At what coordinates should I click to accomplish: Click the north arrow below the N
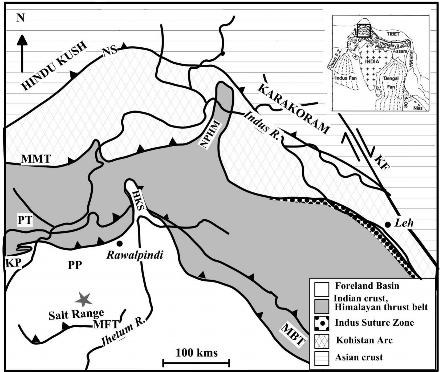click(x=22, y=53)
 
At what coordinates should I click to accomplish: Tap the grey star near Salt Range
click(x=83, y=299)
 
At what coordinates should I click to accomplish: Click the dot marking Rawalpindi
click(x=119, y=243)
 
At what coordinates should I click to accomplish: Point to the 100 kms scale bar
click(x=196, y=362)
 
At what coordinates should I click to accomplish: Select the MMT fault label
click(x=36, y=159)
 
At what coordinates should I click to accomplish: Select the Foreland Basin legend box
click(x=322, y=289)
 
